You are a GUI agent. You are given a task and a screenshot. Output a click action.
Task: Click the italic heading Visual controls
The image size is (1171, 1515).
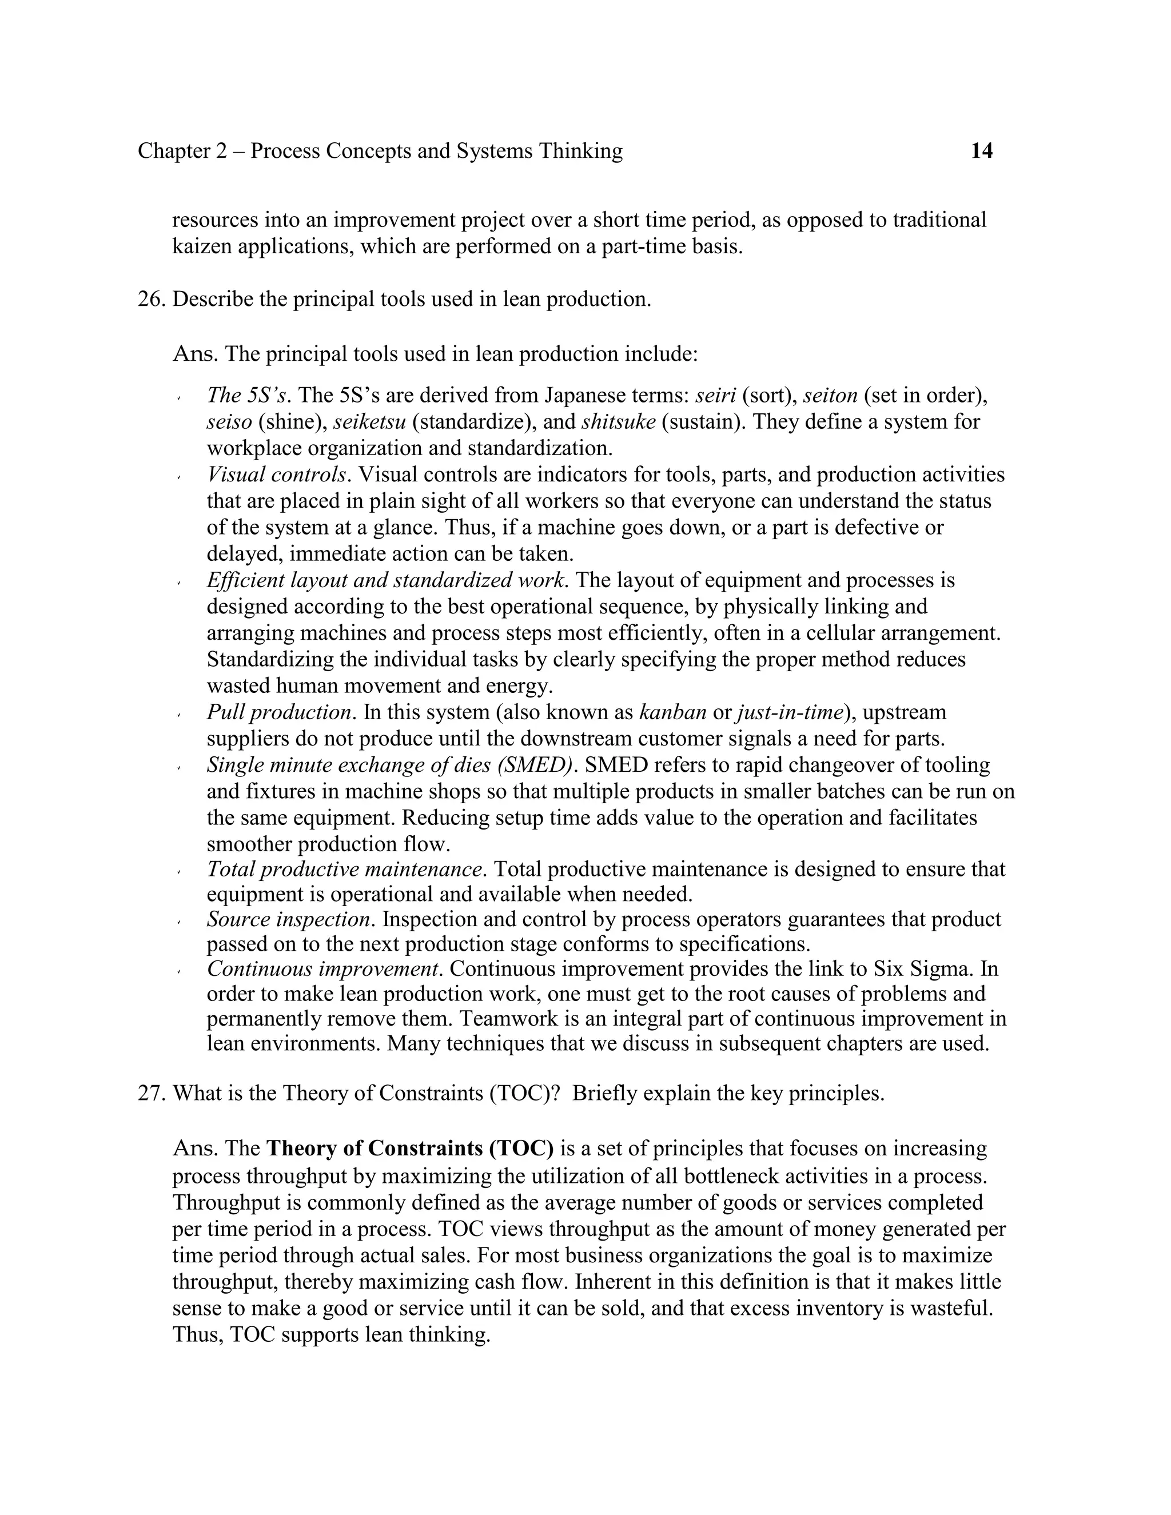tap(276, 475)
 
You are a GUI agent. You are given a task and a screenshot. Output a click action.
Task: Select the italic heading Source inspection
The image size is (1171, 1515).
tap(289, 920)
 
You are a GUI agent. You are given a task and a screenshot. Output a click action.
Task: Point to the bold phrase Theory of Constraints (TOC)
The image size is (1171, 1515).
tap(410, 1149)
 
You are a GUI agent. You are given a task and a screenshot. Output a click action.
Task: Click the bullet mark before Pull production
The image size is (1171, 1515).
tap(178, 715)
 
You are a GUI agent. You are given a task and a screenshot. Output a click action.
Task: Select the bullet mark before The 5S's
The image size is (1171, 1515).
tap(178, 398)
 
